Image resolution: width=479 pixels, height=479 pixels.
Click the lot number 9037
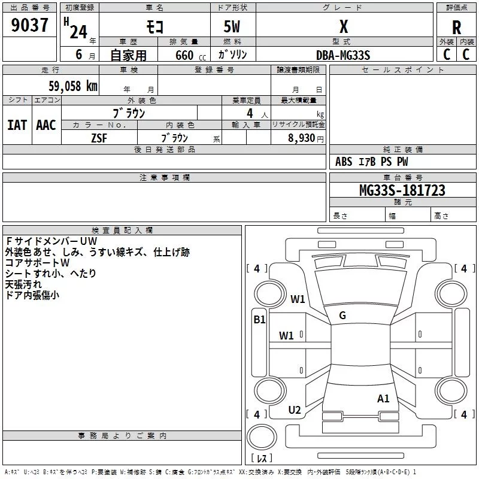pos(29,25)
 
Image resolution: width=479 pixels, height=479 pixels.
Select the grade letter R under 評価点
pos(456,28)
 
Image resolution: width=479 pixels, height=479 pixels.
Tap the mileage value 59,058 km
pos(73,86)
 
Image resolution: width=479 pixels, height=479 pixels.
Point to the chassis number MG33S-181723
pos(402,190)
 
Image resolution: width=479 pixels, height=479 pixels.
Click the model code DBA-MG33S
pos(343,55)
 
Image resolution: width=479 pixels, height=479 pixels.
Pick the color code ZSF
pos(99,138)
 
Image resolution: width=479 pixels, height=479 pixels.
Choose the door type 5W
pos(232,26)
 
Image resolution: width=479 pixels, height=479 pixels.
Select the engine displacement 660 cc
pos(190,56)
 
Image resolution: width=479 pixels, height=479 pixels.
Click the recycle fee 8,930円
pos(306,138)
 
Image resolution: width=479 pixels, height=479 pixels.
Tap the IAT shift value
pos(17,125)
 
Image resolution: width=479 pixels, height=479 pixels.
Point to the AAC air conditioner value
pos(46,125)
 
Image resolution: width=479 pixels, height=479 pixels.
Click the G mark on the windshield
pos(342,316)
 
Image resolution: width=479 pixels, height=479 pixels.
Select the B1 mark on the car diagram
pos(259,320)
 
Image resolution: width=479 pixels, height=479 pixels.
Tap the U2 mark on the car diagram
pos(295,410)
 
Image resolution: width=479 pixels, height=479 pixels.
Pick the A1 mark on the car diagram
pos(383,399)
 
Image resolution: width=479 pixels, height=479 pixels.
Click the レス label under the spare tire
pos(262,457)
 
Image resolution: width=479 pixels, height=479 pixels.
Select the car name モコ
pos(155,26)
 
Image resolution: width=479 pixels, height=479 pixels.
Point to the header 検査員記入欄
pos(122,231)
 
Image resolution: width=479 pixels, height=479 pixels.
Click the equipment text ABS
pos(344,162)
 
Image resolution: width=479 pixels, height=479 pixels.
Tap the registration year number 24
pos(78,32)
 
